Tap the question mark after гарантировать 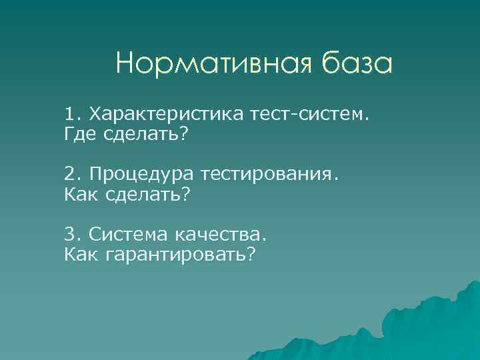(x=251, y=255)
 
